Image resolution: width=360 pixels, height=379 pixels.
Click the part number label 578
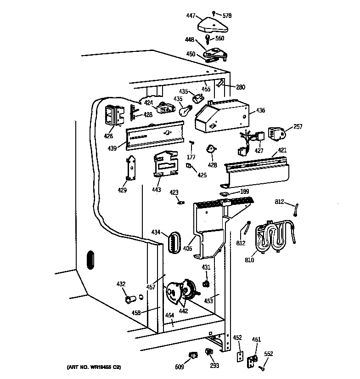[x=227, y=16]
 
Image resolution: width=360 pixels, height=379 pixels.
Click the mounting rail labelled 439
[x=155, y=135]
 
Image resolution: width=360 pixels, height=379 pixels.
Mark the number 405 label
[x=187, y=249]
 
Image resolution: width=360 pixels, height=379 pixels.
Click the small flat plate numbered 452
[x=239, y=356]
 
